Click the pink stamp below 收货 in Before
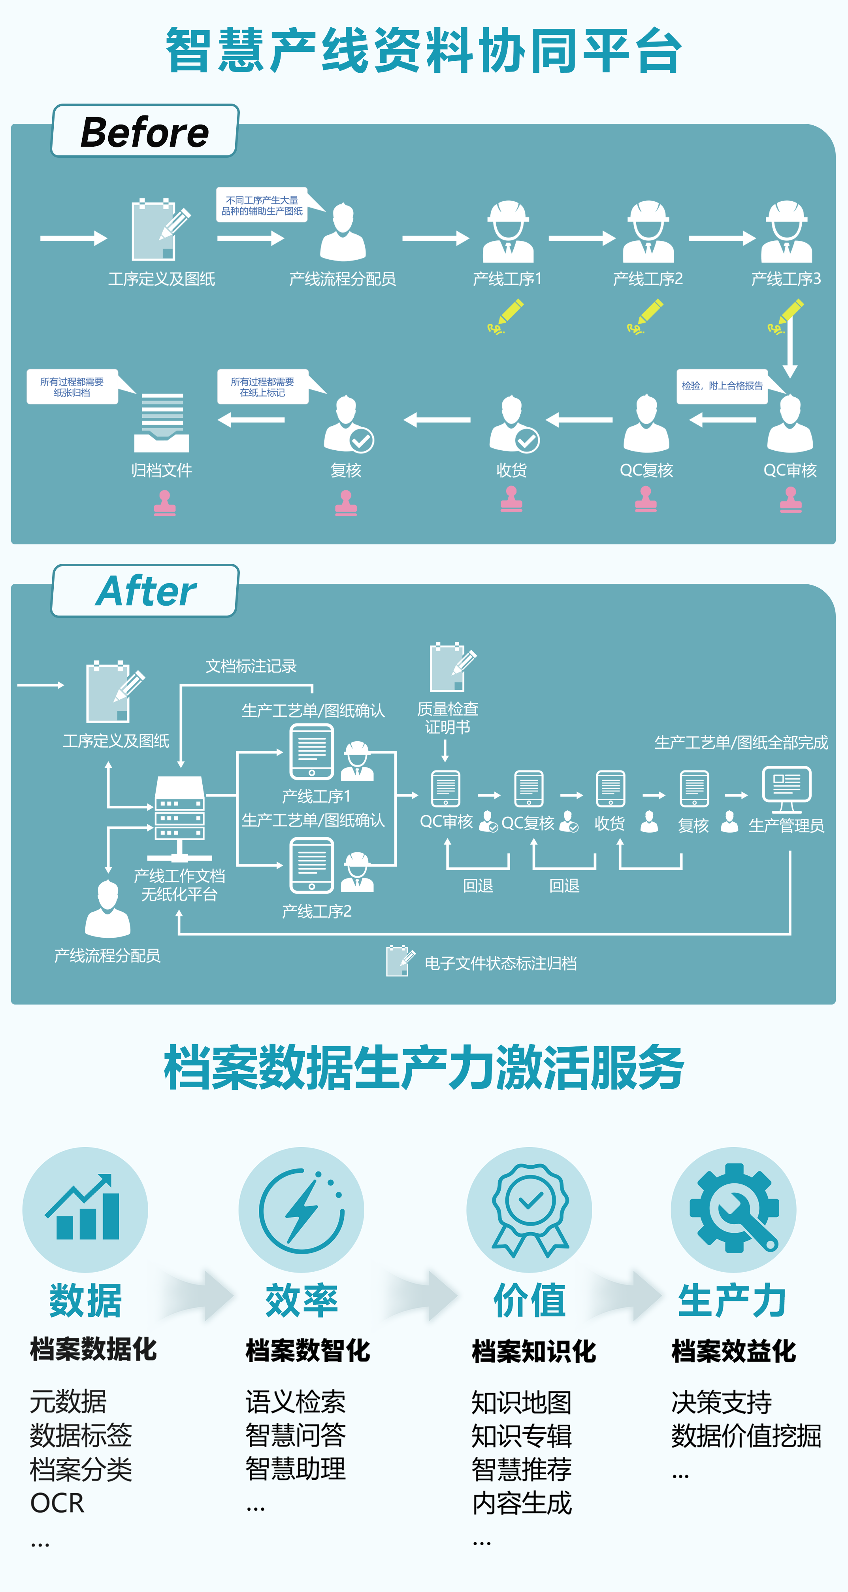(x=511, y=499)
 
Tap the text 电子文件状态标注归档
(x=500, y=963)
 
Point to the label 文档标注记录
(x=251, y=666)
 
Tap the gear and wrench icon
(x=733, y=1208)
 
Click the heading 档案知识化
(x=533, y=1351)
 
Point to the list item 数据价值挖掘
(x=746, y=1435)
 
